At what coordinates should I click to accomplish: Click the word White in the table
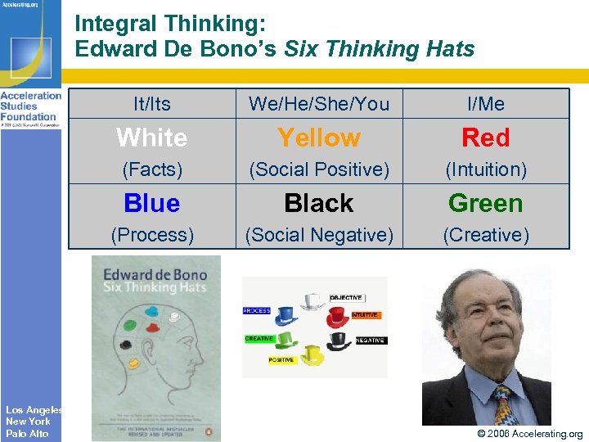pyautogui.click(x=152, y=138)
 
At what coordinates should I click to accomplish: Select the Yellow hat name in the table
pyautogui.click(x=319, y=138)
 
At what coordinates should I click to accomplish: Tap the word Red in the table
pyautogui.click(x=486, y=138)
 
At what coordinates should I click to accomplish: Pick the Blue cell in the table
pyautogui.click(x=152, y=203)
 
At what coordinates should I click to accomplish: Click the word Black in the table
pyautogui.click(x=319, y=203)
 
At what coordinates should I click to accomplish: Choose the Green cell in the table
pyautogui.click(x=486, y=203)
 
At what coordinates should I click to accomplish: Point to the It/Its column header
pyautogui.click(x=152, y=104)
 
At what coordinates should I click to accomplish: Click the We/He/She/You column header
pyautogui.click(x=319, y=104)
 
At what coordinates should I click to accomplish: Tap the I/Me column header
pyautogui.click(x=486, y=104)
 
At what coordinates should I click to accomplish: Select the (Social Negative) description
pyautogui.click(x=319, y=236)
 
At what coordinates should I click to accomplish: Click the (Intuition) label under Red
pyautogui.click(x=486, y=170)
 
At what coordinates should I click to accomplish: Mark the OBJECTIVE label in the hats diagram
pyautogui.click(x=346, y=298)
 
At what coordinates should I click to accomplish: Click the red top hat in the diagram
pyautogui.click(x=338, y=317)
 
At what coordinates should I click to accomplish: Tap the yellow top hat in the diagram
pyautogui.click(x=312, y=354)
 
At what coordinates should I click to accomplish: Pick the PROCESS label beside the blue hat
pyautogui.click(x=257, y=311)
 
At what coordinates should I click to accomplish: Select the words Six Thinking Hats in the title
pyautogui.click(x=379, y=49)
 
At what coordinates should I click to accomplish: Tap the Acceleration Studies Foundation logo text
pyautogui.click(x=30, y=106)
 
